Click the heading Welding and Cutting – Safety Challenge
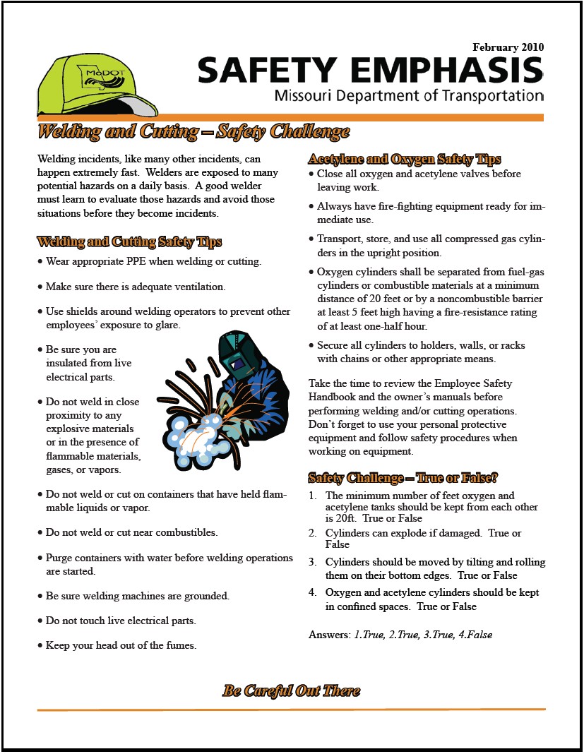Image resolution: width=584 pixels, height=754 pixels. pyautogui.click(x=193, y=132)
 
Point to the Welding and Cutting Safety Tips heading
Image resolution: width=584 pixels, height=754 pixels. pyautogui.click(x=129, y=242)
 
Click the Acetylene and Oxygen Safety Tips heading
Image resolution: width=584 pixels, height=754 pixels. pyautogui.click(x=405, y=159)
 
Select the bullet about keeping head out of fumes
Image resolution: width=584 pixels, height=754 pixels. pyautogui.click(x=121, y=645)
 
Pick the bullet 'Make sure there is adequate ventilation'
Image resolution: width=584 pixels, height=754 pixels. pyautogui.click(x=136, y=287)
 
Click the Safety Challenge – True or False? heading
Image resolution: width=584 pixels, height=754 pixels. pyautogui.click(x=403, y=478)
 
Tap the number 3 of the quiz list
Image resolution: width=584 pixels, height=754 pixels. pyautogui.click(x=313, y=563)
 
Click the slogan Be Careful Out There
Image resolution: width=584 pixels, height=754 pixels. pyautogui.click(x=291, y=690)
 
